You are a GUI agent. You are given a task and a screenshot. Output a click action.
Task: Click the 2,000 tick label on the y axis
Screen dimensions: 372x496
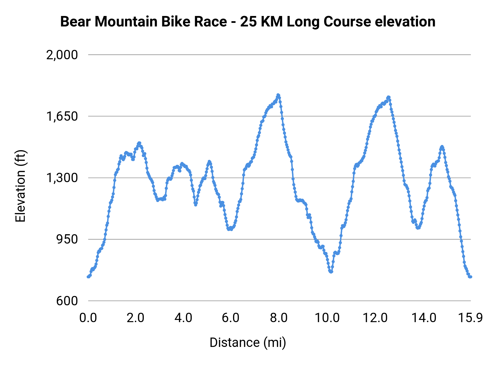click(x=62, y=55)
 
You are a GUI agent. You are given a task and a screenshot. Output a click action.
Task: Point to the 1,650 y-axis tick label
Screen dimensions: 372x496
click(x=62, y=116)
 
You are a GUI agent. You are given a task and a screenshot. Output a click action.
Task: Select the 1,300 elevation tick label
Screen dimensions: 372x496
click(x=62, y=178)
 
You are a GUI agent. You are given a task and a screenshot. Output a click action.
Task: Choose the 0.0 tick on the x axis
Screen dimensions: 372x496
click(x=88, y=318)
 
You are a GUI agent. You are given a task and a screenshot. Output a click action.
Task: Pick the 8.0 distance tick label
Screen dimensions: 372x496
click(x=279, y=318)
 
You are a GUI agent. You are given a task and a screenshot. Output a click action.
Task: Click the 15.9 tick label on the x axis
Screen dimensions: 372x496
click(x=470, y=318)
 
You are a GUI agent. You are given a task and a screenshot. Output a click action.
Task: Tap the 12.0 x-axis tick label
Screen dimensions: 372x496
click(x=375, y=318)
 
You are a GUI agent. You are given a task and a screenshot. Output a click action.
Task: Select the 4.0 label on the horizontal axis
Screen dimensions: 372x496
click(x=184, y=318)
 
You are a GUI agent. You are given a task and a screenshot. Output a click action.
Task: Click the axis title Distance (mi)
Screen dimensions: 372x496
click(x=248, y=343)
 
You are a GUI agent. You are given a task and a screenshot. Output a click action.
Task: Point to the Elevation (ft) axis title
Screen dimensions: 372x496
click(x=20, y=186)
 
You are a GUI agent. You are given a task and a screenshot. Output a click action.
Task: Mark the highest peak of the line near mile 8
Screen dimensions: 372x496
click(x=278, y=95)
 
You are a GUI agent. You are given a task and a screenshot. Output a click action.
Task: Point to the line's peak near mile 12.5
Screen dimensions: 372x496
click(x=389, y=97)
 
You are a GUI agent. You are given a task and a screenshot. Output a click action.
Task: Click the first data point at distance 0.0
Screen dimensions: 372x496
click(x=88, y=277)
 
